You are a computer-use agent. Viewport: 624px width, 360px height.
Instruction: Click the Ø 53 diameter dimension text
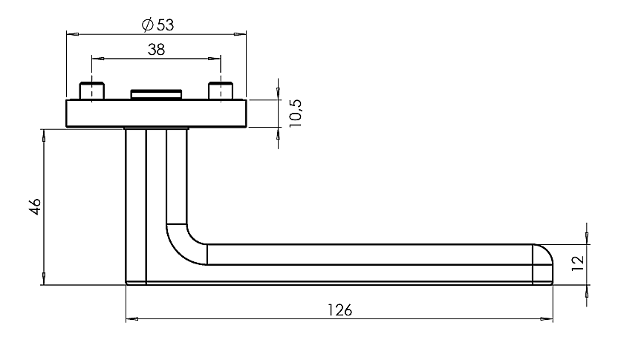(158, 25)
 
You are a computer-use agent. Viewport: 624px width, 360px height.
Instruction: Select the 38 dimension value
(156, 50)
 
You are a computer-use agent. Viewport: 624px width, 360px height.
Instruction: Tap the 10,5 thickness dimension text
(296, 113)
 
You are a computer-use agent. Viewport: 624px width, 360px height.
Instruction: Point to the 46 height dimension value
(36, 206)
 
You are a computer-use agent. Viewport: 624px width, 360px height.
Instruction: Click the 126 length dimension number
(339, 310)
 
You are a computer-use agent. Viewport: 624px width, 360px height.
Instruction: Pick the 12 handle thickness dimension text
(578, 264)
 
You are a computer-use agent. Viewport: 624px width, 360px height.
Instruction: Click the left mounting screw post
(92, 91)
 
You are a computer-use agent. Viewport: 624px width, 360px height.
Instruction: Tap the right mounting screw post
(221, 91)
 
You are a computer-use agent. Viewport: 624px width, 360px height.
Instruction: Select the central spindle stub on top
(157, 94)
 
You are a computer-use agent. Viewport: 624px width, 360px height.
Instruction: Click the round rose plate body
(157, 114)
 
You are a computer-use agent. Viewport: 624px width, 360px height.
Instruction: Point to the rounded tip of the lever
(543, 264)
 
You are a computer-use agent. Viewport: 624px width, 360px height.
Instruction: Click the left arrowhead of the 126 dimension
(132, 318)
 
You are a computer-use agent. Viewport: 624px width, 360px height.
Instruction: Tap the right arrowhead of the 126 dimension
(547, 318)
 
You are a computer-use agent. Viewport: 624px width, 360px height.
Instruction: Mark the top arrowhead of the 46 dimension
(43, 136)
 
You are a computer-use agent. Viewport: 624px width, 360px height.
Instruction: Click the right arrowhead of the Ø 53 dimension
(240, 35)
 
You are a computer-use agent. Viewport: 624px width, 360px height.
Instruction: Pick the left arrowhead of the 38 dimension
(98, 59)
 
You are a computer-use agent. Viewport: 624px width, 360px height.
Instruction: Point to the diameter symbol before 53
(147, 25)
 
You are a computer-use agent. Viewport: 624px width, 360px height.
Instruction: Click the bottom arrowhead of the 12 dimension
(587, 292)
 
